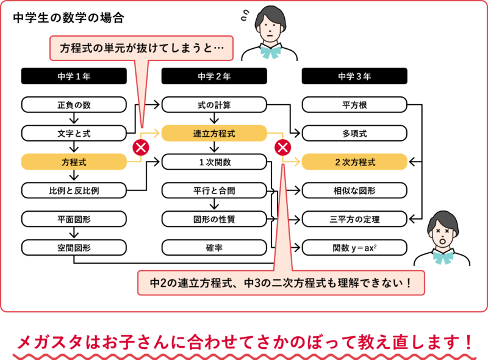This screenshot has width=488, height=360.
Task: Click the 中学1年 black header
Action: point(74,76)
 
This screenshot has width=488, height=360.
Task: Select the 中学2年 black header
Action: point(214,76)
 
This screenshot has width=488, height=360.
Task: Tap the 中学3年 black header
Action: point(354,76)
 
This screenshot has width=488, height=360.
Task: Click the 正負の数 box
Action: point(74,104)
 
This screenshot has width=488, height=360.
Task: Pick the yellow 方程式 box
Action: point(74,162)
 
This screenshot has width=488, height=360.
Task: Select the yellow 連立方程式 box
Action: point(214,133)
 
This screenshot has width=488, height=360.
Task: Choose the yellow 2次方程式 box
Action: point(354,162)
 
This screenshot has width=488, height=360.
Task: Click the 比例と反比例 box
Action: point(74,190)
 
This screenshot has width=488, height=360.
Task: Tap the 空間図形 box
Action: point(74,248)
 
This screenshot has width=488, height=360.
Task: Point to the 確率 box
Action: point(214,248)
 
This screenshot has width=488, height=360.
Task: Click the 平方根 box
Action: point(354,104)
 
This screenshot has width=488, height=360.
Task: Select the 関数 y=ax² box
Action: point(354,248)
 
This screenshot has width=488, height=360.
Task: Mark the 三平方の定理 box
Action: point(354,219)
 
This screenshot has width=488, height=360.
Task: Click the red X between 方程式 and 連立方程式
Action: point(141,147)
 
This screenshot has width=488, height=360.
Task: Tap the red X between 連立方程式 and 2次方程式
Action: point(283,147)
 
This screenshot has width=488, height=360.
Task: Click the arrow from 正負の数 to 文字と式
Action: point(74,118)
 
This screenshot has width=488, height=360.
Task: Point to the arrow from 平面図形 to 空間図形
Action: point(74,233)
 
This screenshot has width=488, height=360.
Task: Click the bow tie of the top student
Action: point(270,52)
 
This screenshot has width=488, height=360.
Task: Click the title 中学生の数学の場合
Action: point(68,18)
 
